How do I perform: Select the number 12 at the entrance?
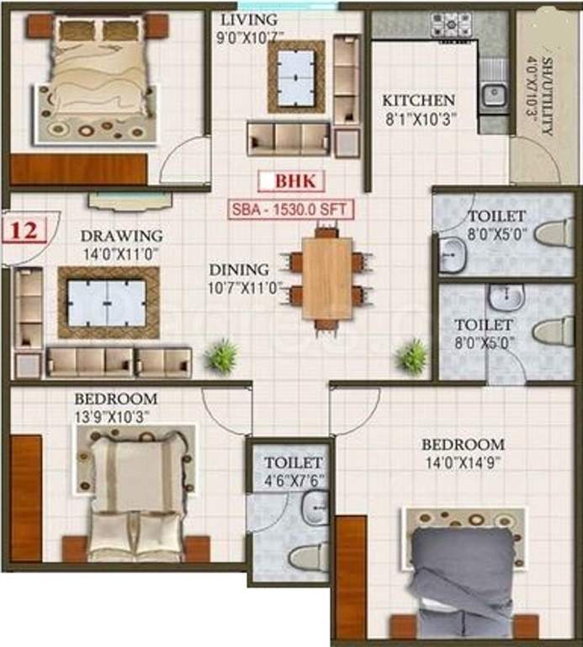[25, 230]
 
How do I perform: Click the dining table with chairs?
[327, 278]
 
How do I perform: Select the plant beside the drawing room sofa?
[222, 356]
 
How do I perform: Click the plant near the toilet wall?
[412, 356]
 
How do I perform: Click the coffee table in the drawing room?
[107, 302]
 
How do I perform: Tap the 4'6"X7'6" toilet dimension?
[294, 481]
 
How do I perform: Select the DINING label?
[240, 270]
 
